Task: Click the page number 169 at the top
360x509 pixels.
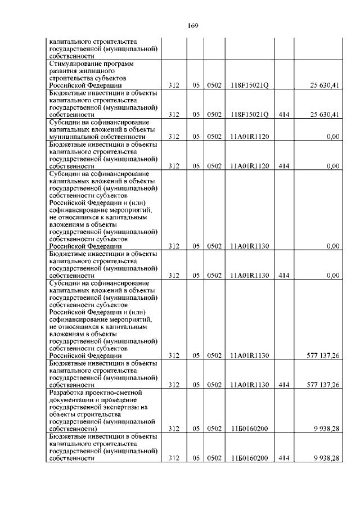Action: tap(193, 25)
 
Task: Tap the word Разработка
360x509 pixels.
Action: tap(69, 392)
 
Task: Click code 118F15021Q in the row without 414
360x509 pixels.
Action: tap(250, 85)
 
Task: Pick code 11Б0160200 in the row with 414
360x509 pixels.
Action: tap(250, 458)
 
